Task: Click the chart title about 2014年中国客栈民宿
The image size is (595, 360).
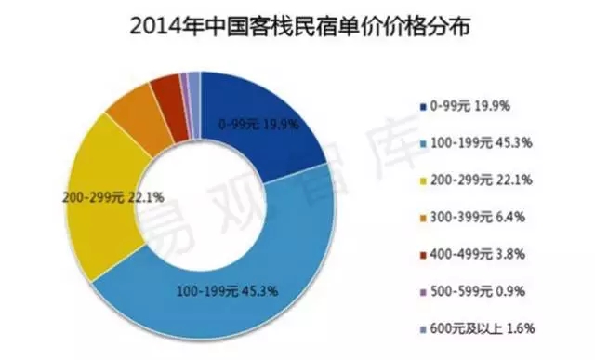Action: coord(299,27)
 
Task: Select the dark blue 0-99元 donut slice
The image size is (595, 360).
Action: coord(266,126)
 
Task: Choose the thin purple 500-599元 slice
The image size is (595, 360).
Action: coord(185,104)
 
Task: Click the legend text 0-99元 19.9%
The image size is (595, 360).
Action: coord(470,106)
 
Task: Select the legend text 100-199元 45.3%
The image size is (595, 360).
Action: coord(482,142)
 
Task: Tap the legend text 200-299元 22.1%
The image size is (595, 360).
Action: coord(482,180)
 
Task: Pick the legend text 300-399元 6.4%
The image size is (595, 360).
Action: coord(478,217)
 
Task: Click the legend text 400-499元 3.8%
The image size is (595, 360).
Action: coord(478,254)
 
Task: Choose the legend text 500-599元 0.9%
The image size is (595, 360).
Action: coord(478,291)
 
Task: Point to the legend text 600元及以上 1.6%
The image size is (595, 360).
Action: coord(483,328)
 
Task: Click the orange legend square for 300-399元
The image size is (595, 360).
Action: coord(424,218)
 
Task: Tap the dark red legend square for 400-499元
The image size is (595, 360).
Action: coord(424,255)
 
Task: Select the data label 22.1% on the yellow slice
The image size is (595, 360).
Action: coord(147,197)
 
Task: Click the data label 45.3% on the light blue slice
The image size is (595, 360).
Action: coord(260,291)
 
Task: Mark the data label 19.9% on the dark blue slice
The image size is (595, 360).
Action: coord(281,124)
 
